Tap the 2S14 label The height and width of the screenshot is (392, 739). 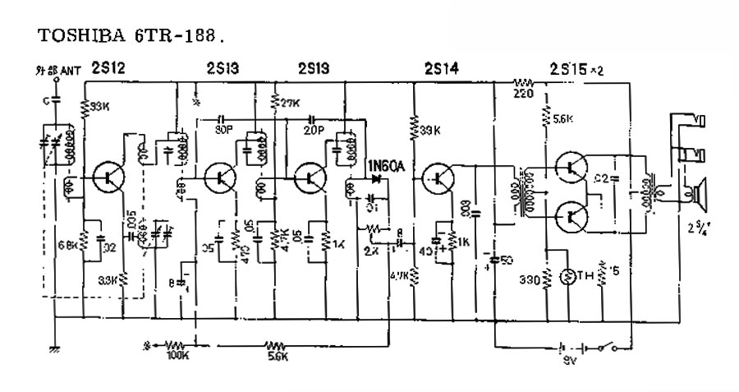[x=442, y=70]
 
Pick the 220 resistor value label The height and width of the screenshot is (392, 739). [x=521, y=95]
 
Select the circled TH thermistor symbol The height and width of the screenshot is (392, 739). [x=567, y=277]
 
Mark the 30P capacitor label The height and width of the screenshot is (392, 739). [x=223, y=129]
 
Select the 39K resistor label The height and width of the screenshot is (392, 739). [x=428, y=131]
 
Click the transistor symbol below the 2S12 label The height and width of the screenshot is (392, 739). [x=108, y=175]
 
